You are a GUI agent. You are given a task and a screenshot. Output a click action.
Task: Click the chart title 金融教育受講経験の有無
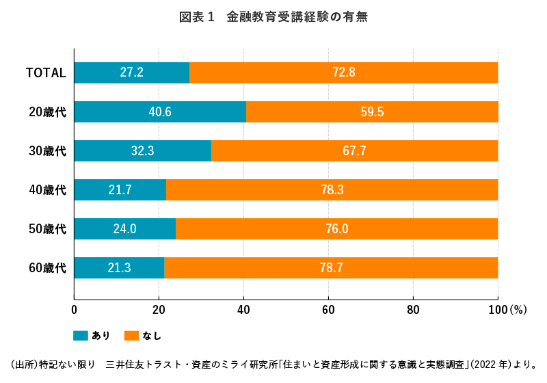[x=273, y=17]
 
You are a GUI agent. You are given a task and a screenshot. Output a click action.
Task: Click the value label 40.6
[x=159, y=111]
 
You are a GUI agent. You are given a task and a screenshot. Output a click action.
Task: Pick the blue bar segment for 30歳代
[x=142, y=150]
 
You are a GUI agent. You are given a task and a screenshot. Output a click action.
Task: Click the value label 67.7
[x=354, y=150]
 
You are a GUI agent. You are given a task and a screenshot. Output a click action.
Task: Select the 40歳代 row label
[x=47, y=189]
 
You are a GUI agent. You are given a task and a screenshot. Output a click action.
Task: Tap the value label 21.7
[x=120, y=189]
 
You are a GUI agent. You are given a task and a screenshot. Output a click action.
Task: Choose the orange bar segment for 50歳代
[x=336, y=228]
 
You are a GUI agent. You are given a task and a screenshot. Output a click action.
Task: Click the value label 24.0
[x=124, y=228]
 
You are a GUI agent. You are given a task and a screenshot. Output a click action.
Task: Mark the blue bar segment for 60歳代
[x=119, y=267]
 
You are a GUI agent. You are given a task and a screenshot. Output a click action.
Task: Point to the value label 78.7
[x=331, y=267]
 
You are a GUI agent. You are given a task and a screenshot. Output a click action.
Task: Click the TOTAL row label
[x=46, y=72]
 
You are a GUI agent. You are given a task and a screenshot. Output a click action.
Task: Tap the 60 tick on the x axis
[x=328, y=310]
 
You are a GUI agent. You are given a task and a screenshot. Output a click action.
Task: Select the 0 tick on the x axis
[x=74, y=310]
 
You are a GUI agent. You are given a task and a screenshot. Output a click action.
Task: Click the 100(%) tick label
[x=507, y=310]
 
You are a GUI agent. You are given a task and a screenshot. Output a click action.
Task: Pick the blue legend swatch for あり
[x=81, y=335]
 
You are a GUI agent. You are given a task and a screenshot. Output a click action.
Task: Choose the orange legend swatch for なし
[x=132, y=335]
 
